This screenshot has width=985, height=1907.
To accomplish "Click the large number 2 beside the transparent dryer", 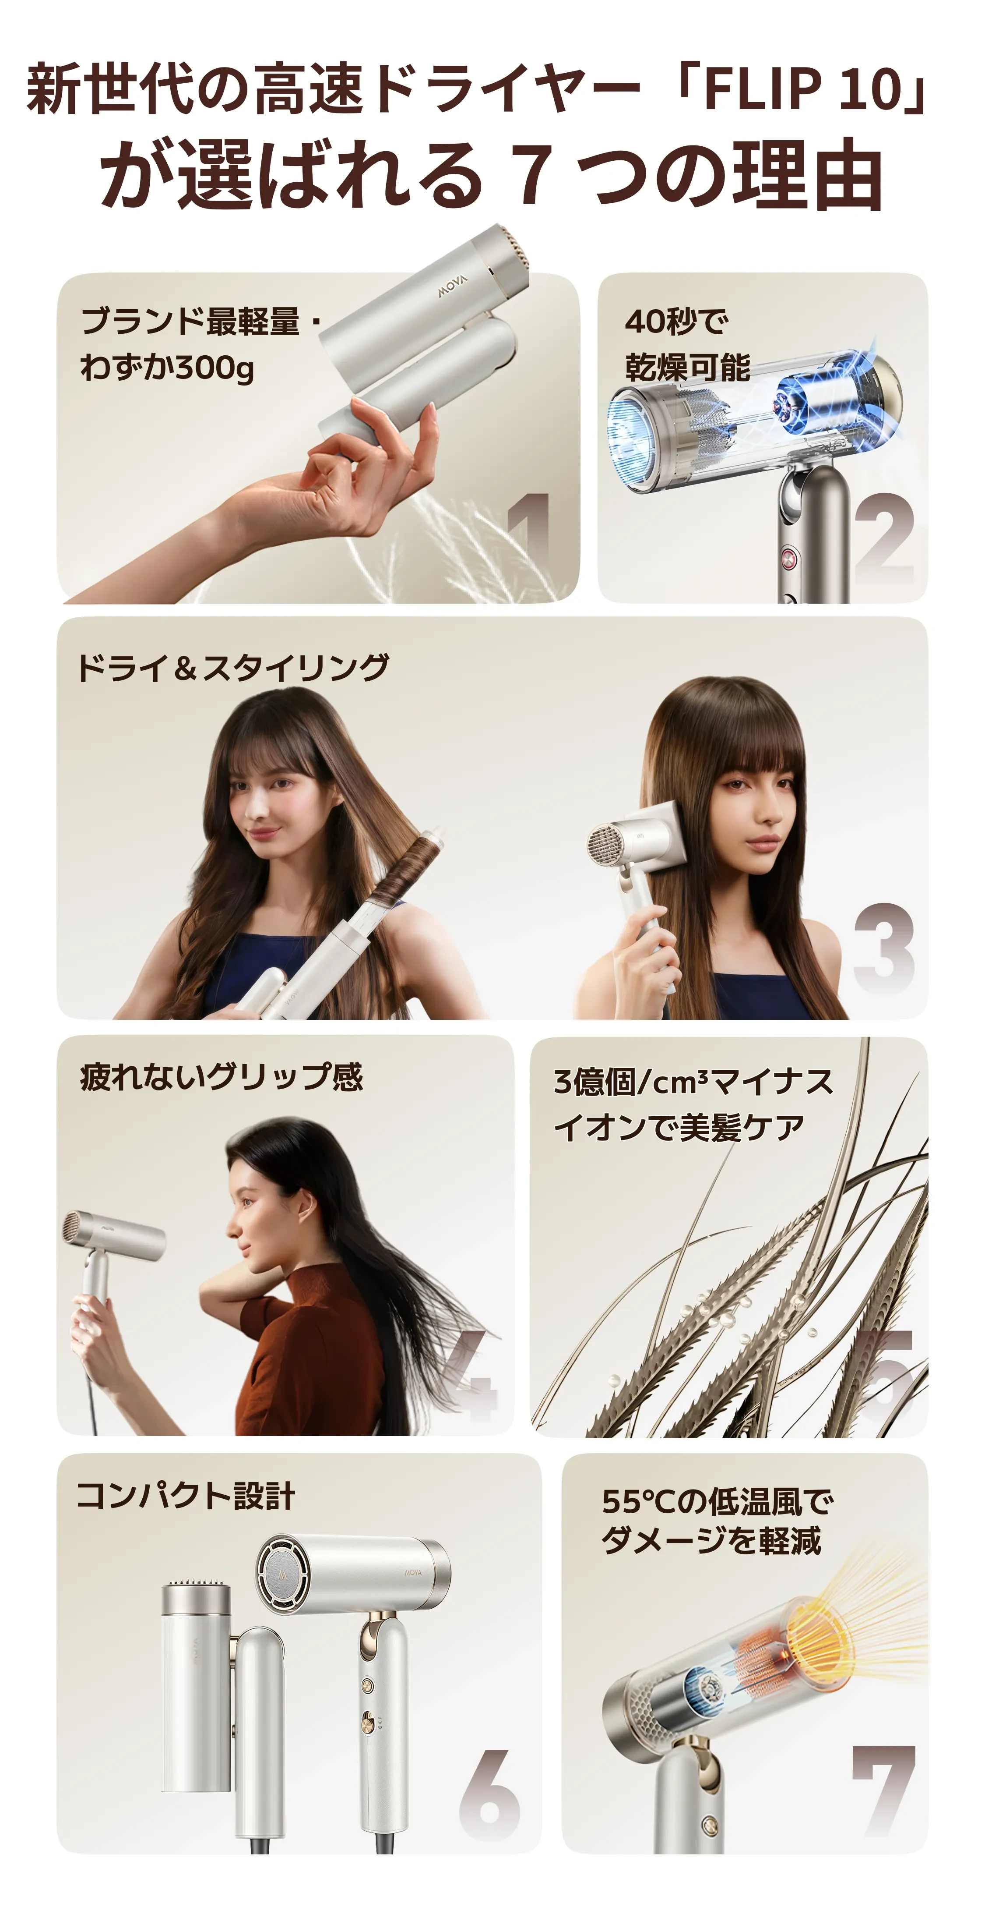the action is pyautogui.click(x=884, y=538).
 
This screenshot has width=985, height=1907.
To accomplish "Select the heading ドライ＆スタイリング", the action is pyautogui.click(x=232, y=667).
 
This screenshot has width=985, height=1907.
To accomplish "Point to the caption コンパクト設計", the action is pyautogui.click(x=186, y=1495).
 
